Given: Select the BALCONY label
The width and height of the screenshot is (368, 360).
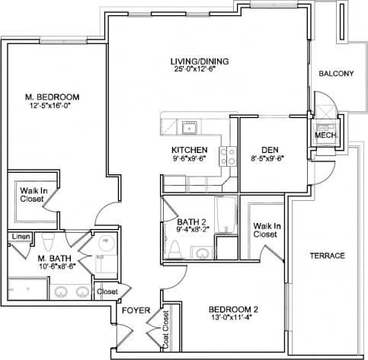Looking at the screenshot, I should [335, 74].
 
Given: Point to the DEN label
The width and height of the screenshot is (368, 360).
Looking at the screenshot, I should [267, 149].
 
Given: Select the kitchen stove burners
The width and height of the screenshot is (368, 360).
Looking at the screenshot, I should [227, 156].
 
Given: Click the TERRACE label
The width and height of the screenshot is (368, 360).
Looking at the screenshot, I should [328, 256].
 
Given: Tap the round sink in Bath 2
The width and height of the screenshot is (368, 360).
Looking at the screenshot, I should [203, 253].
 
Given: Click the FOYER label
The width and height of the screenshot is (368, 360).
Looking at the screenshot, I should [134, 310].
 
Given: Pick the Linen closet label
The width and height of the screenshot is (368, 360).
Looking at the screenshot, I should [20, 237].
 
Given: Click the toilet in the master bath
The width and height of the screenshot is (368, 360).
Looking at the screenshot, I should [47, 244].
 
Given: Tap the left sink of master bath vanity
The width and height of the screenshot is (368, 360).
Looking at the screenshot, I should [62, 291].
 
